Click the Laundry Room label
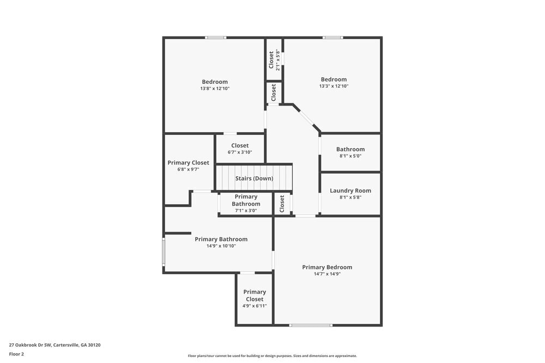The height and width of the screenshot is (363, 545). (350, 190)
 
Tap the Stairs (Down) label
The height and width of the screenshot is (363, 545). (254, 179)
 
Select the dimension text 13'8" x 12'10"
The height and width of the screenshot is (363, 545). (215, 88)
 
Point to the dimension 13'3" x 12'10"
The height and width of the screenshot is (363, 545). (334, 86)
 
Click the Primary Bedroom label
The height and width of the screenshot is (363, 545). (327, 267)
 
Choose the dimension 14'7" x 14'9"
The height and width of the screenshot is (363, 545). (327, 274)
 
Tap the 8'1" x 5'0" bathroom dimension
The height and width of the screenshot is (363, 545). (350, 156)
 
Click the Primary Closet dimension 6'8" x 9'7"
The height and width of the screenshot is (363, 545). (188, 169)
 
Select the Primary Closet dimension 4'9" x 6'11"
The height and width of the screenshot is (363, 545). (255, 306)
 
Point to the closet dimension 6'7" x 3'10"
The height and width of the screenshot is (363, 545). (240, 152)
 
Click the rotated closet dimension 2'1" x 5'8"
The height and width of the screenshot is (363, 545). (278, 60)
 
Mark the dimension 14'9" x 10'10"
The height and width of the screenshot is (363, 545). (221, 246)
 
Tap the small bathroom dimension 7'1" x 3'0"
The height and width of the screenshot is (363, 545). (246, 211)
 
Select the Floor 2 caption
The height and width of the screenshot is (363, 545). (16, 354)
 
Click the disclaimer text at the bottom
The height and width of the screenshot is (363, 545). (272, 356)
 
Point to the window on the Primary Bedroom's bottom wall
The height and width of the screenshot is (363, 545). (311, 325)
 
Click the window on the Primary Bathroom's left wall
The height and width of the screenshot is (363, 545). (163, 252)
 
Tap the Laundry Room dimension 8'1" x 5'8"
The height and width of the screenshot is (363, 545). (350, 198)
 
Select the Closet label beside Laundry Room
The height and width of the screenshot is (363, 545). (282, 204)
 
